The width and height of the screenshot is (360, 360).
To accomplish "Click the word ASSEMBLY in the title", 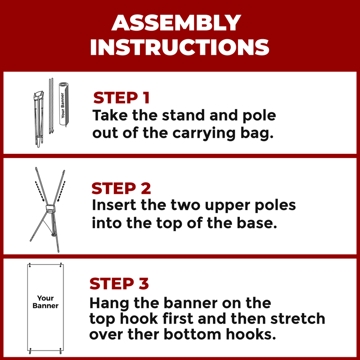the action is [176, 23].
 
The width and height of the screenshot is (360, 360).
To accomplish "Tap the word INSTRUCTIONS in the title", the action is [180, 47].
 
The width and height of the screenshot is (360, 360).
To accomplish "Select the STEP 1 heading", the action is [121, 98].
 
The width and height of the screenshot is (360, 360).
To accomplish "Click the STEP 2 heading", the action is [121, 189].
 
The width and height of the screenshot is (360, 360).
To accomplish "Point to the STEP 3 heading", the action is [119, 283].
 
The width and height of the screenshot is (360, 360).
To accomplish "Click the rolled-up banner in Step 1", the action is [64, 104].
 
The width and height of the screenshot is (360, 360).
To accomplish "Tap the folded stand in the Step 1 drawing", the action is [39, 119].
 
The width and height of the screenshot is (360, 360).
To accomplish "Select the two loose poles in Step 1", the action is [51, 106].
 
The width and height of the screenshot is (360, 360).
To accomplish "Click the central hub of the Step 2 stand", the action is [50, 208].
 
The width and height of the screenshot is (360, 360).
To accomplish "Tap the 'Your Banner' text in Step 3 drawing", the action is [45, 302].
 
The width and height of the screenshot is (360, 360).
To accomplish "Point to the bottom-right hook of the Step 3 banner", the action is [61, 351].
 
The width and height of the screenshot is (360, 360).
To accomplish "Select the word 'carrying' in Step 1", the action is [204, 134].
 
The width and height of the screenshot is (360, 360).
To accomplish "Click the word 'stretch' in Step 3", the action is [298, 319].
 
